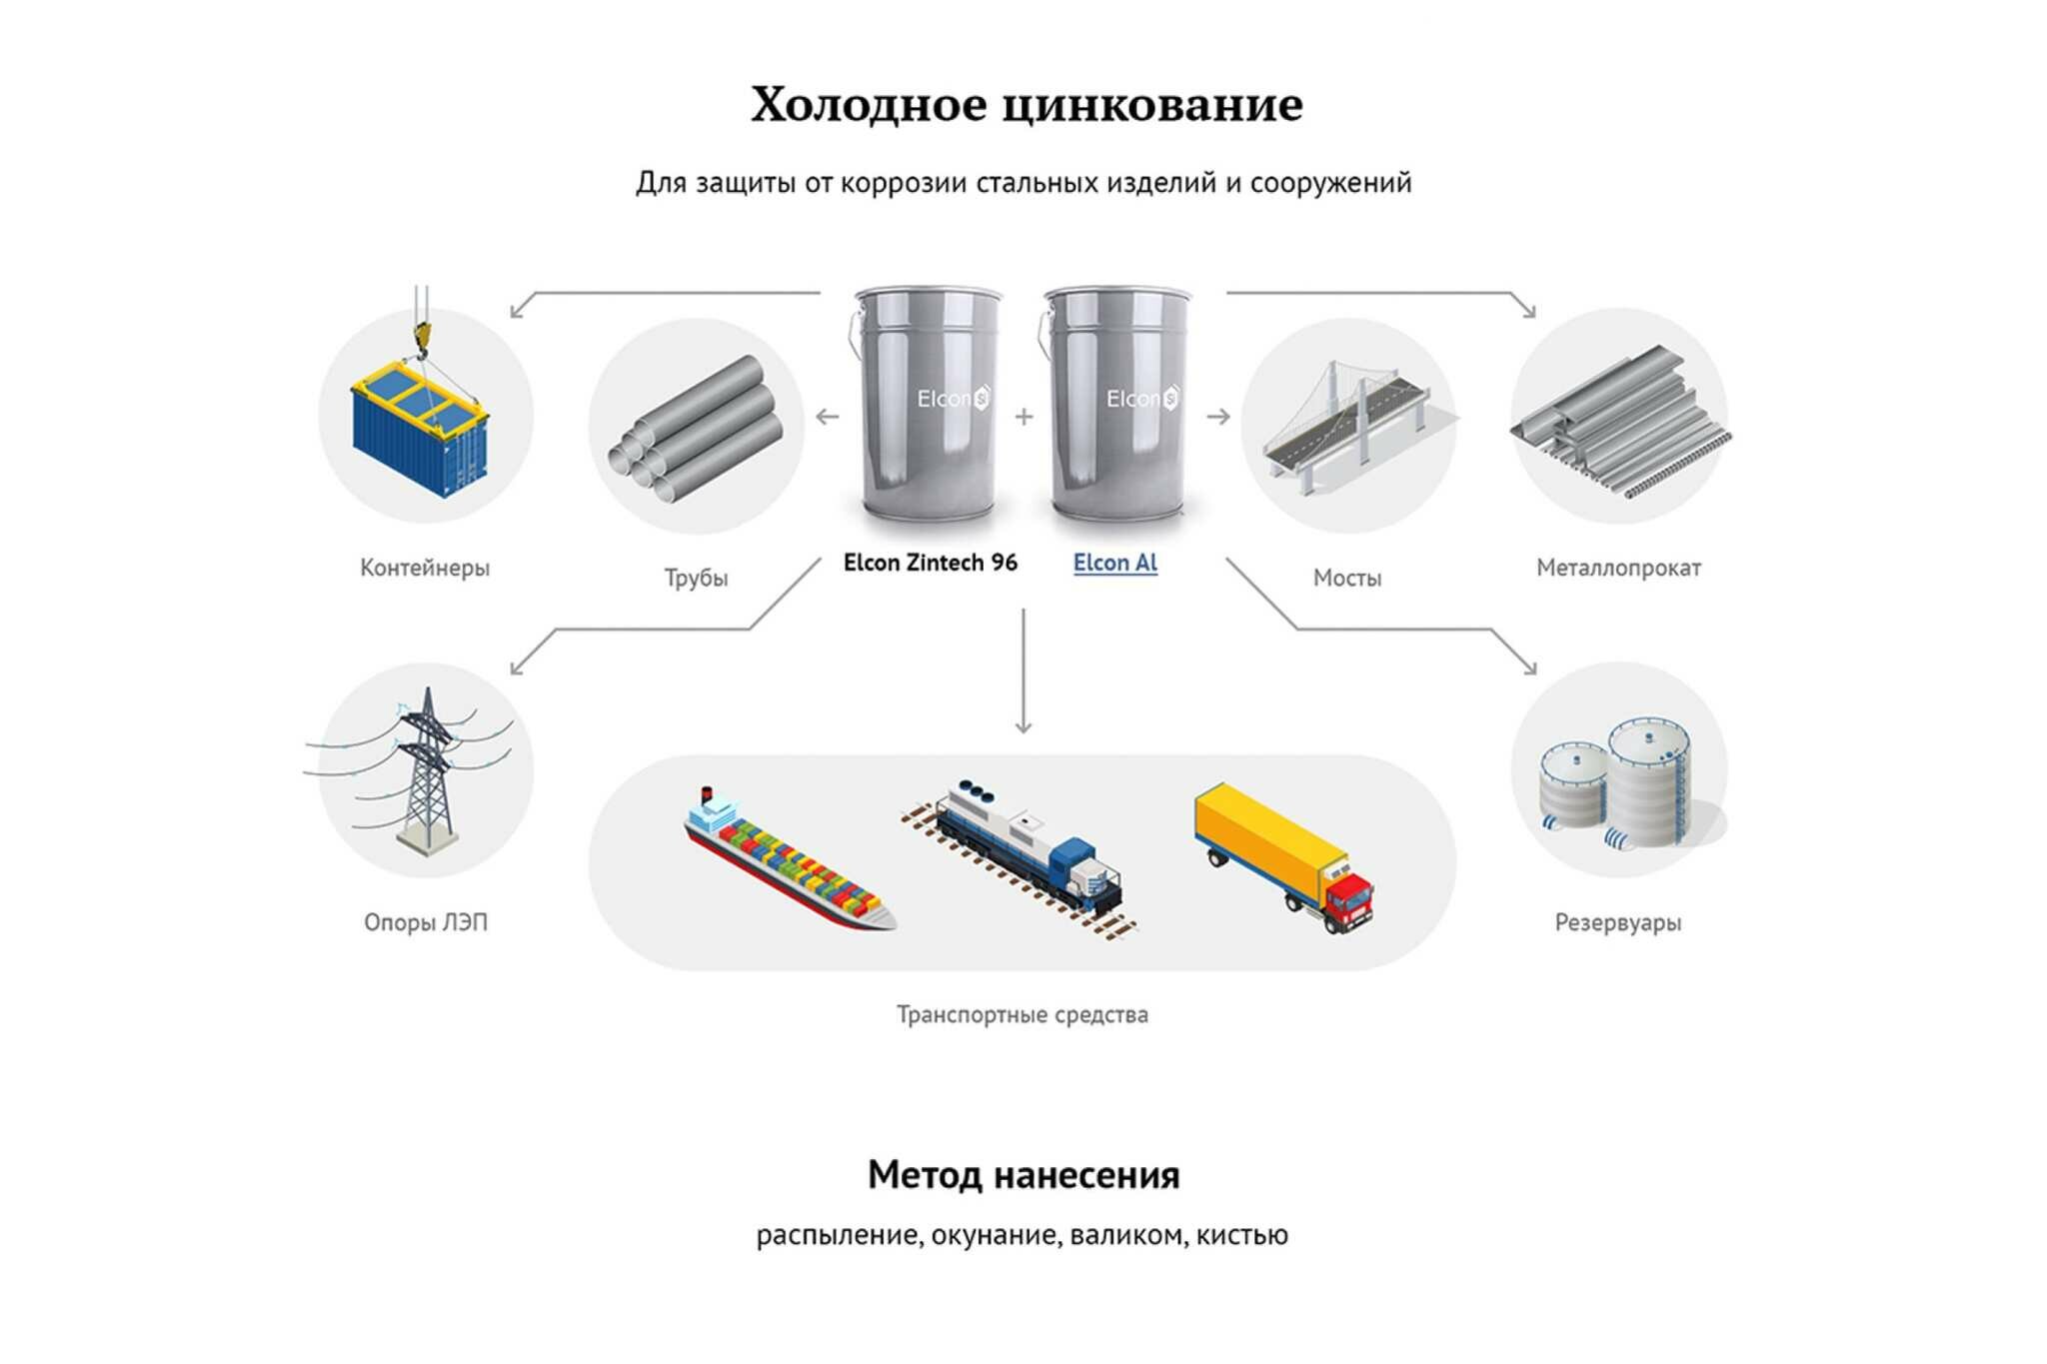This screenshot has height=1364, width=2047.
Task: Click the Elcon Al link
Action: coord(1114,564)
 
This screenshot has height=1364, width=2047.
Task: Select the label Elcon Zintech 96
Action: coord(930,564)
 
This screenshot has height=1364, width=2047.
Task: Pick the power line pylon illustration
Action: coord(428,769)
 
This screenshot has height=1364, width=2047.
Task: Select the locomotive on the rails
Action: coord(1029,849)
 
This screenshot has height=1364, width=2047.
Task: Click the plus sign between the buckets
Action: coord(1023,417)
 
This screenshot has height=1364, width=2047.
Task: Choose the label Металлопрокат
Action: coord(1618,569)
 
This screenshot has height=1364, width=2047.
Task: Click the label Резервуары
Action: coord(1617,923)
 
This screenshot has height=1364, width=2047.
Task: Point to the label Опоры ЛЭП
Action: coord(426,923)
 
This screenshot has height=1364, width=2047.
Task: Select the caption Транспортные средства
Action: coord(1022,1015)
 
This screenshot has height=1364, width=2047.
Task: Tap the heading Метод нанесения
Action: coord(1023,1175)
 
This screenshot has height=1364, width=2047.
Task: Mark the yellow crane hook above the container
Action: coord(421,335)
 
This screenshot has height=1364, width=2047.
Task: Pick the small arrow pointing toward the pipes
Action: coord(828,417)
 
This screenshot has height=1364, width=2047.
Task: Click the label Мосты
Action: coord(1346,579)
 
